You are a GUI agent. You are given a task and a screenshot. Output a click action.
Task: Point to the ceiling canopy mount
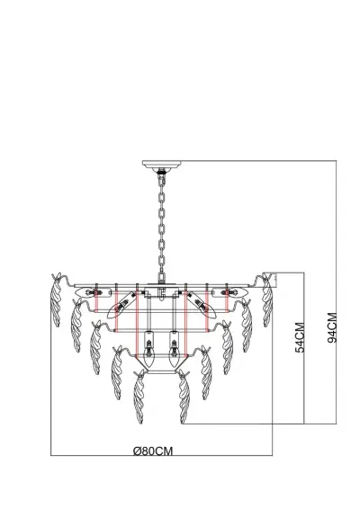click(x=162, y=165)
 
